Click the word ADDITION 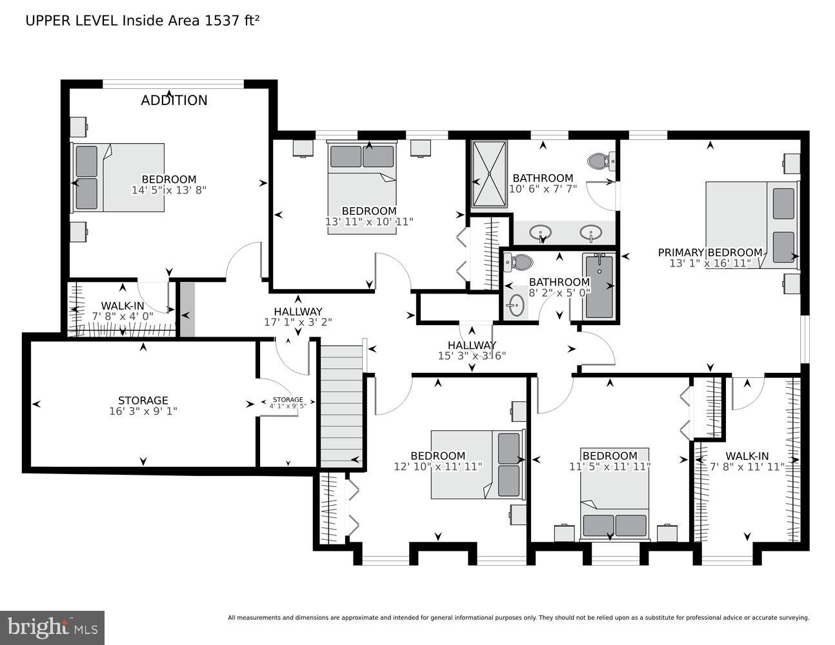[174, 100]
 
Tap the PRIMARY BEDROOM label [710, 252]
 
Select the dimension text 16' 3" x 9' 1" [143, 411]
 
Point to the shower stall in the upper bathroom [489, 174]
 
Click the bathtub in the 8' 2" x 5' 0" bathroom [599, 286]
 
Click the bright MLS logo [52, 627]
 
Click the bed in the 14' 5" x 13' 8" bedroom [119, 177]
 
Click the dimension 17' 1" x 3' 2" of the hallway [298, 322]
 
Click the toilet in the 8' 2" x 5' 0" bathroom [519, 262]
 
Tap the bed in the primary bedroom [752, 224]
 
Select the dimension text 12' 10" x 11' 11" [438, 466]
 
